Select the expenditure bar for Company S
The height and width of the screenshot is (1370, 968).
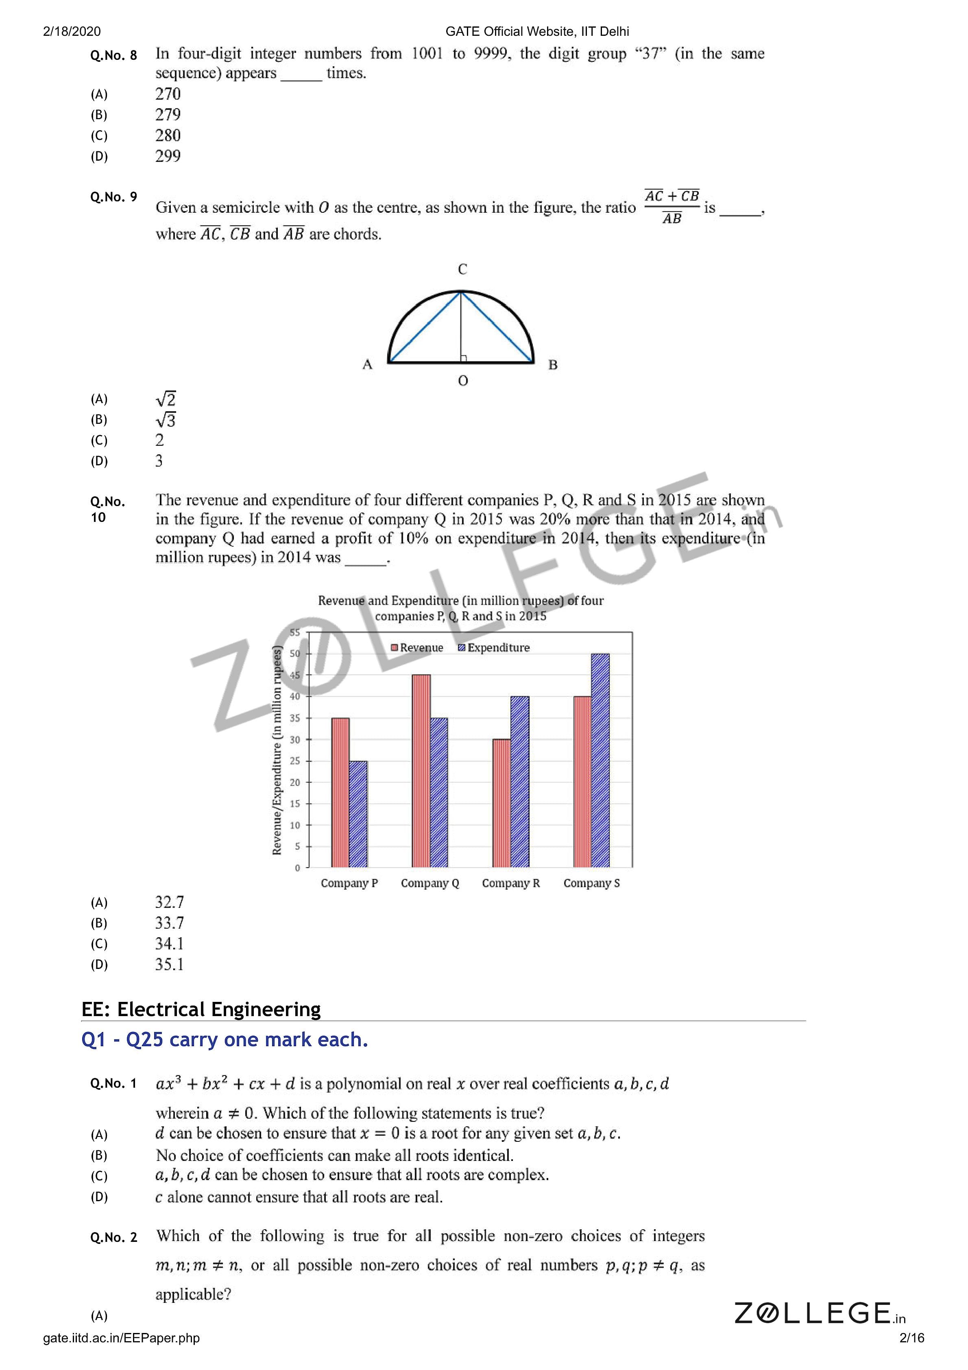point(600,760)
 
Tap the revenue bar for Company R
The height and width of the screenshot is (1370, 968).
point(501,803)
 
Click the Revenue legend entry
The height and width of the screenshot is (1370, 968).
point(417,648)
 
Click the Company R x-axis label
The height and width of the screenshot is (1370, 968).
point(511,883)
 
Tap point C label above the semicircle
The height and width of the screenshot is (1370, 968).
point(462,270)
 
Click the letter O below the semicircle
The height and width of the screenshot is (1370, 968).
point(463,381)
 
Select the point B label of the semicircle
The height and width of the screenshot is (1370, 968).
point(553,364)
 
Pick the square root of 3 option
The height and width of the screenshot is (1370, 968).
point(166,420)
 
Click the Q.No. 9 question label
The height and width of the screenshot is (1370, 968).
point(113,197)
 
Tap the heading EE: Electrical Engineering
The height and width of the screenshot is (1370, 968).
point(201,1009)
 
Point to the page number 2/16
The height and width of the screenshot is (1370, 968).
point(911,1338)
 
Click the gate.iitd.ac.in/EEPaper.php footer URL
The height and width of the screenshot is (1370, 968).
point(121,1338)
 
